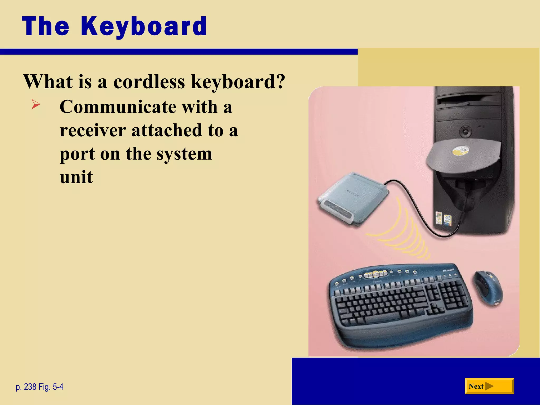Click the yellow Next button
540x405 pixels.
click(x=489, y=386)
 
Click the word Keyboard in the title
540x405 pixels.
click(x=144, y=26)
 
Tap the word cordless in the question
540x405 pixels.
click(x=149, y=82)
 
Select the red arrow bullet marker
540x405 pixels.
click(x=36, y=104)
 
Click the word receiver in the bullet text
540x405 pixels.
click(x=93, y=130)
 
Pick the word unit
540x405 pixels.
click(x=76, y=177)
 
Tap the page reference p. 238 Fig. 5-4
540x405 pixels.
click(x=40, y=387)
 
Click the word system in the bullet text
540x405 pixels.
click(x=184, y=154)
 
